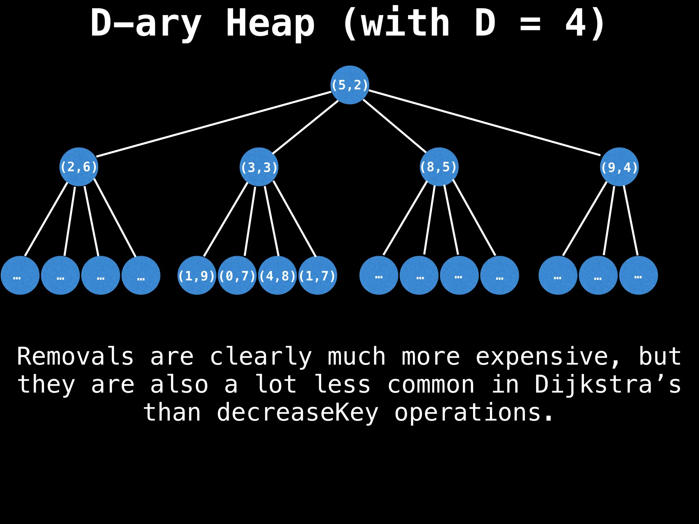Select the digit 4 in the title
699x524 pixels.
pos(575,23)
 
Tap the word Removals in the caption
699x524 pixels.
pos(75,357)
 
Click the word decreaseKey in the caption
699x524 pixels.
pos(298,413)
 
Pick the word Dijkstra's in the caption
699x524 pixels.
pos(608,385)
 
